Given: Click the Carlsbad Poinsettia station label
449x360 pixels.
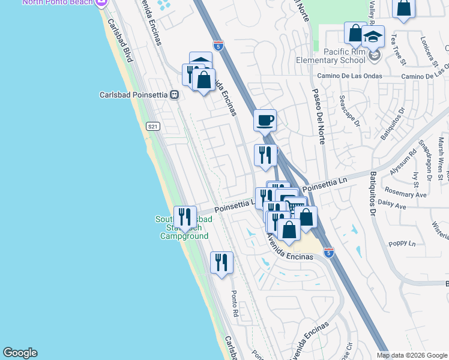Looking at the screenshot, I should (x=134, y=95).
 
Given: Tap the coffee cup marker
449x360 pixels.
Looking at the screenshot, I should (x=265, y=120).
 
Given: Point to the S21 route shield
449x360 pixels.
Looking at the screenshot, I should (x=154, y=126).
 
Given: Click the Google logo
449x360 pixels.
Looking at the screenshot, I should (x=19, y=353).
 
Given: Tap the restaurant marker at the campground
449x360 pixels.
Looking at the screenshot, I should (x=185, y=217).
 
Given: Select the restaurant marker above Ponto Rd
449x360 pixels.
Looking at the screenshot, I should (x=221, y=262).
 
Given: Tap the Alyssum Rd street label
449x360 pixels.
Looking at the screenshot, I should (x=403, y=163).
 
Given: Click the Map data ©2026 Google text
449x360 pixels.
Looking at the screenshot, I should (x=411, y=355).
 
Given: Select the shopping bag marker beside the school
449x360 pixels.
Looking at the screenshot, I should (x=355, y=34).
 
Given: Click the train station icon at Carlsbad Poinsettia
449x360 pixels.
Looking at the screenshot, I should (x=174, y=95).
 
